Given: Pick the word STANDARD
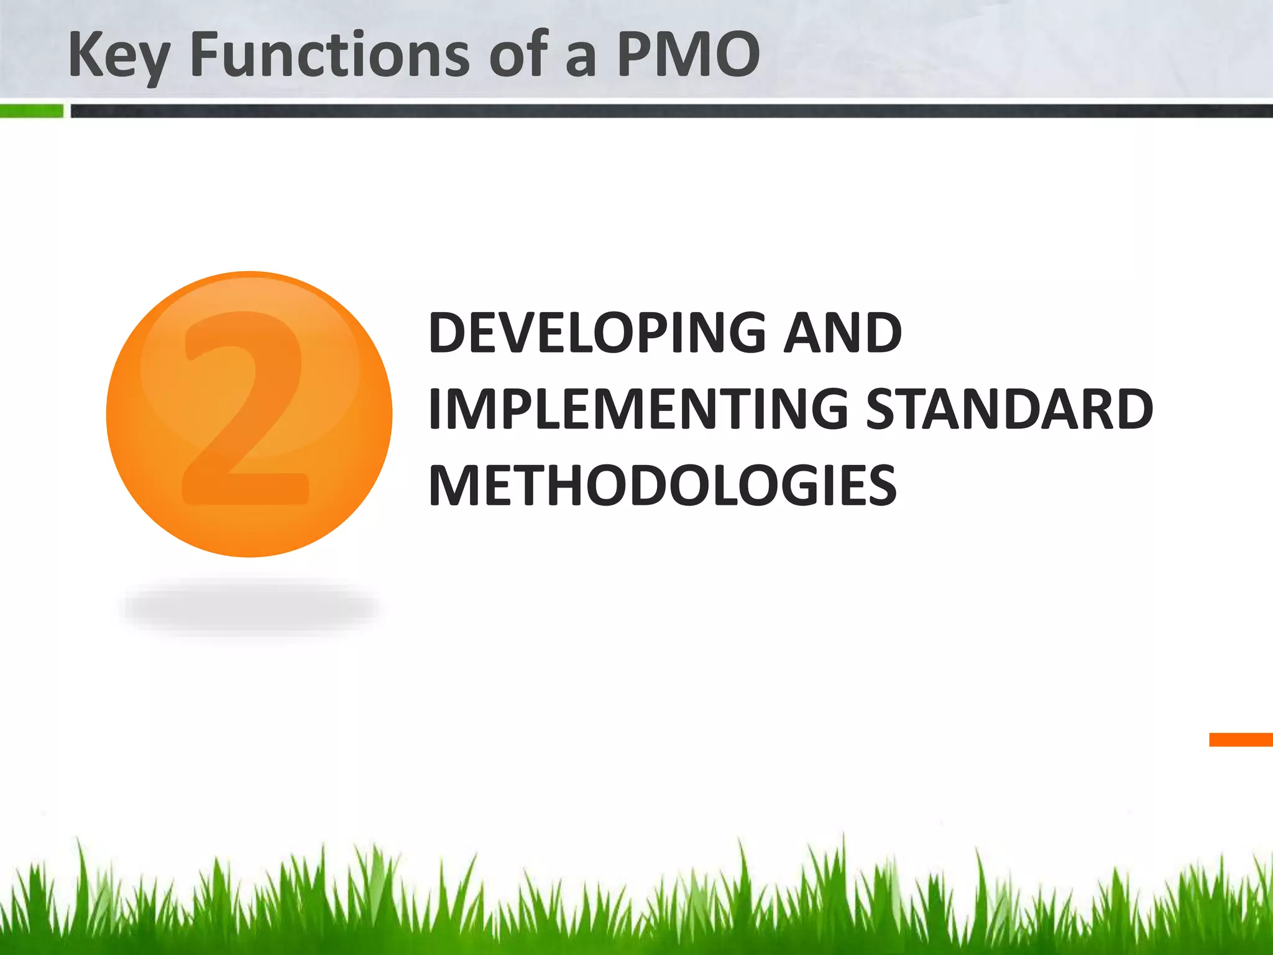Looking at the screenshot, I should click(x=1009, y=409).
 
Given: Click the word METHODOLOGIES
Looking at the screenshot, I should click(x=663, y=486).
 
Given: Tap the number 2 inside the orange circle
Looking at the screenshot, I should click(x=246, y=410).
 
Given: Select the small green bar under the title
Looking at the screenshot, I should click(x=31, y=111).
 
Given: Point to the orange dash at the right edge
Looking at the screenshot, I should click(x=1241, y=739).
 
